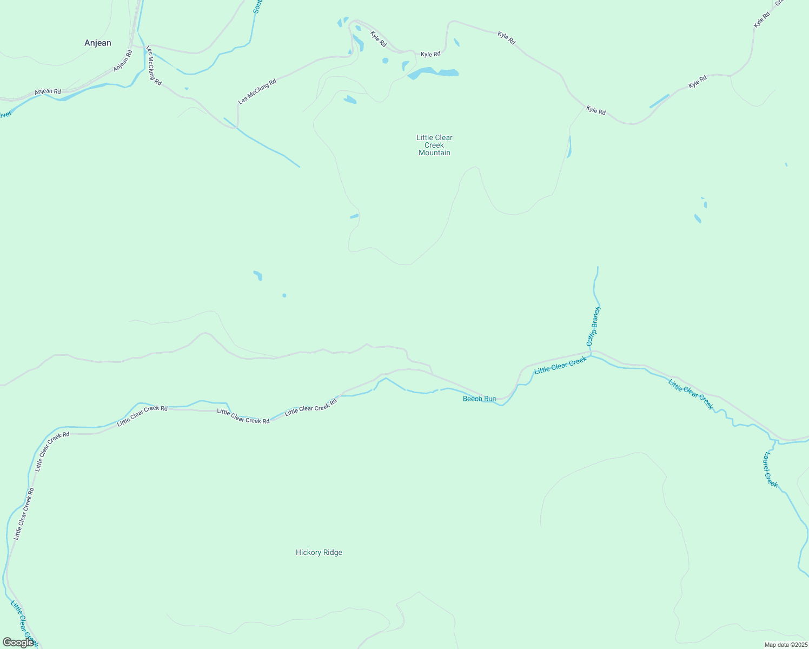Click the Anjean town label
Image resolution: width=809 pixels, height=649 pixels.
coord(98,43)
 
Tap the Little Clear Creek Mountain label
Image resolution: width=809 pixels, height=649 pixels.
coord(434,145)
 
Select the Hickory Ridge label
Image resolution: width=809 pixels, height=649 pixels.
coord(319,552)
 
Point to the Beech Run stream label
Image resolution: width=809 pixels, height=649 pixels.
coord(479,399)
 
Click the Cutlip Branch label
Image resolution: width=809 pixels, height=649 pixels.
coord(593,327)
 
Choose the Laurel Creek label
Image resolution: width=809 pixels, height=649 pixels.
coord(770,469)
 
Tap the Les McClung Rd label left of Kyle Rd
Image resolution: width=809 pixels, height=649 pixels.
coord(257,91)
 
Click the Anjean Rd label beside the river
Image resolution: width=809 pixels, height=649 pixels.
coord(48,92)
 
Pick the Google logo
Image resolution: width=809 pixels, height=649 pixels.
coord(18,643)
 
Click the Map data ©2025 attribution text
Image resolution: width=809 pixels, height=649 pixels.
coord(786,645)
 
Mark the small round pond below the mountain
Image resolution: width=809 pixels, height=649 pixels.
coord(284,295)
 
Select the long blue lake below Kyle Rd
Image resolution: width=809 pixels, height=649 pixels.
coord(433,72)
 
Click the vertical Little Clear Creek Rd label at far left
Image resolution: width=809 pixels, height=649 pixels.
coord(24,514)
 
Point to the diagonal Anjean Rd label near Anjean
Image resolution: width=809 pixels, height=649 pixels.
coord(123,61)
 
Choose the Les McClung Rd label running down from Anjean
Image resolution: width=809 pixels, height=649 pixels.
coord(154,65)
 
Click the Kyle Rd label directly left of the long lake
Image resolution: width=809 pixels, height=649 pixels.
coord(430,54)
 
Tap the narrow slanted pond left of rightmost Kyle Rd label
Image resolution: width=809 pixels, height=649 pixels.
coord(659,101)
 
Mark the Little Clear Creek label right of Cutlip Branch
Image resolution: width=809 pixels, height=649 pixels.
coord(691,394)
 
